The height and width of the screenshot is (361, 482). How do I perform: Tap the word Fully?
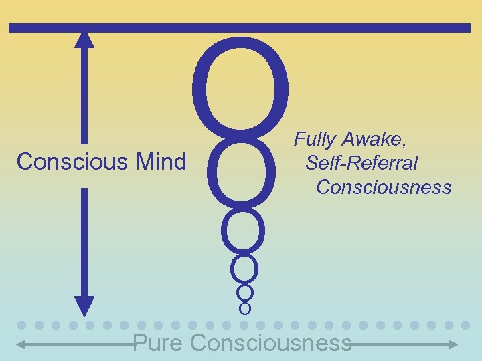[316, 140]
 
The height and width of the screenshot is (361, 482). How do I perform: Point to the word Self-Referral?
[361, 162]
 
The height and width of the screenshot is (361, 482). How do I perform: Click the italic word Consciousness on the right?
[384, 187]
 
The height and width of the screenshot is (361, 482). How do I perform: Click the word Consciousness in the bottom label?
[270, 343]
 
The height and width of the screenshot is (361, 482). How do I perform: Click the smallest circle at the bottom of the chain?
[244, 308]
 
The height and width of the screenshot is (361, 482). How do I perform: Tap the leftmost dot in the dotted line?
[22, 325]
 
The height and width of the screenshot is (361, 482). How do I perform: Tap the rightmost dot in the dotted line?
[467, 325]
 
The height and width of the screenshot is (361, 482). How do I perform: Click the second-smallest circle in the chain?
[245, 293]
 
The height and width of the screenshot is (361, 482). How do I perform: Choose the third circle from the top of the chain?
[243, 231]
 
